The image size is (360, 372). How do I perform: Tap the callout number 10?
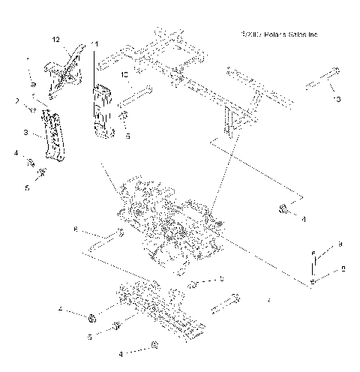(124, 76)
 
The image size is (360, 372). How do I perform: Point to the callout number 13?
(337, 99)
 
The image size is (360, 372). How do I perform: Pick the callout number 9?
(340, 244)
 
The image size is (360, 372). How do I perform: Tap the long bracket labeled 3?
(50, 135)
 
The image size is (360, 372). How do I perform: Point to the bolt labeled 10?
(137, 94)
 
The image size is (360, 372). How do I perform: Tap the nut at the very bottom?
(153, 345)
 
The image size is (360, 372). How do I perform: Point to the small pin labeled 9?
(315, 262)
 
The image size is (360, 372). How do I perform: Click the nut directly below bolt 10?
(125, 115)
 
